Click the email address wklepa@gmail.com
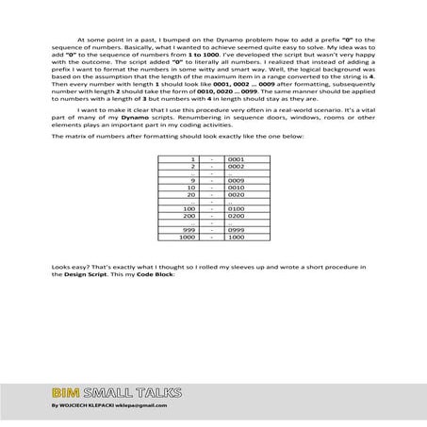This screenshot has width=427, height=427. (x=140, y=405)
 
